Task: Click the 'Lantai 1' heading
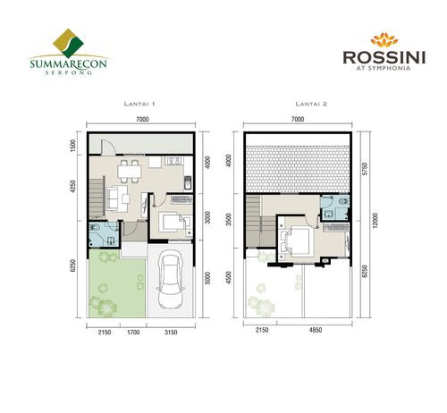click(139, 105)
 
